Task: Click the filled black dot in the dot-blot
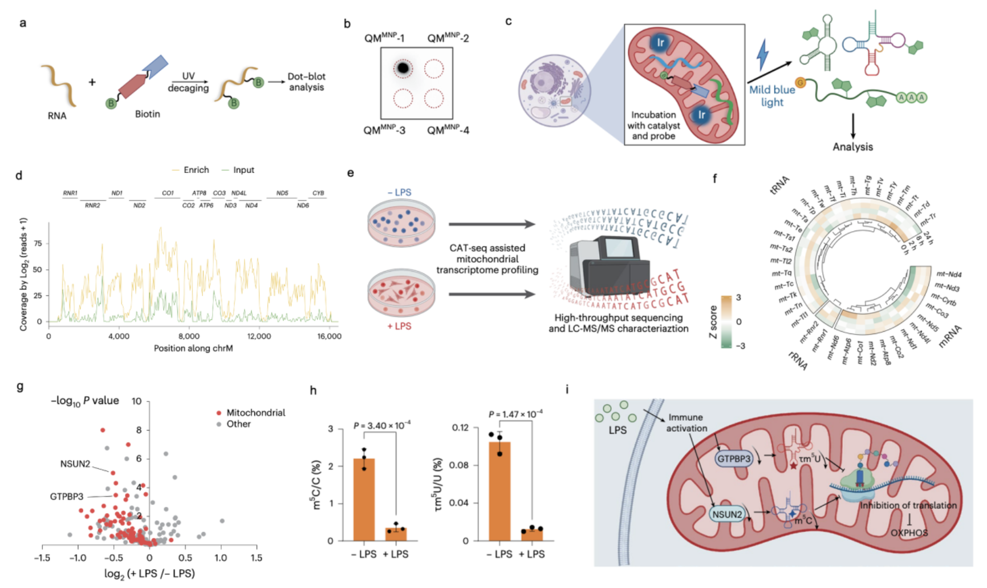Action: point(403,69)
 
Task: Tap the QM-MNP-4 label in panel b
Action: point(448,130)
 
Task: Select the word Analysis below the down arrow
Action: point(852,147)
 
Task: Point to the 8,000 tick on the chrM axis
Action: point(189,336)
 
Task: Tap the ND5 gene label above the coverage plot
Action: point(282,194)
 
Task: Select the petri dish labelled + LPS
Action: point(401,292)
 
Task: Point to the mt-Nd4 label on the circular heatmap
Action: point(948,275)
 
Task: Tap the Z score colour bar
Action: point(726,322)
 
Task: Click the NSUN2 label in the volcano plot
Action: point(75,464)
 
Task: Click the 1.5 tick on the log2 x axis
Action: point(257,558)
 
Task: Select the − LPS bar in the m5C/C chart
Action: point(364,499)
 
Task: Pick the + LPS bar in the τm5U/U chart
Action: point(531,535)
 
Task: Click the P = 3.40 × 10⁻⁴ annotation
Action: point(381,425)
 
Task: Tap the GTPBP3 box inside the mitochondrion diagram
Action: point(734,458)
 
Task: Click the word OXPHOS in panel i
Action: point(909,533)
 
